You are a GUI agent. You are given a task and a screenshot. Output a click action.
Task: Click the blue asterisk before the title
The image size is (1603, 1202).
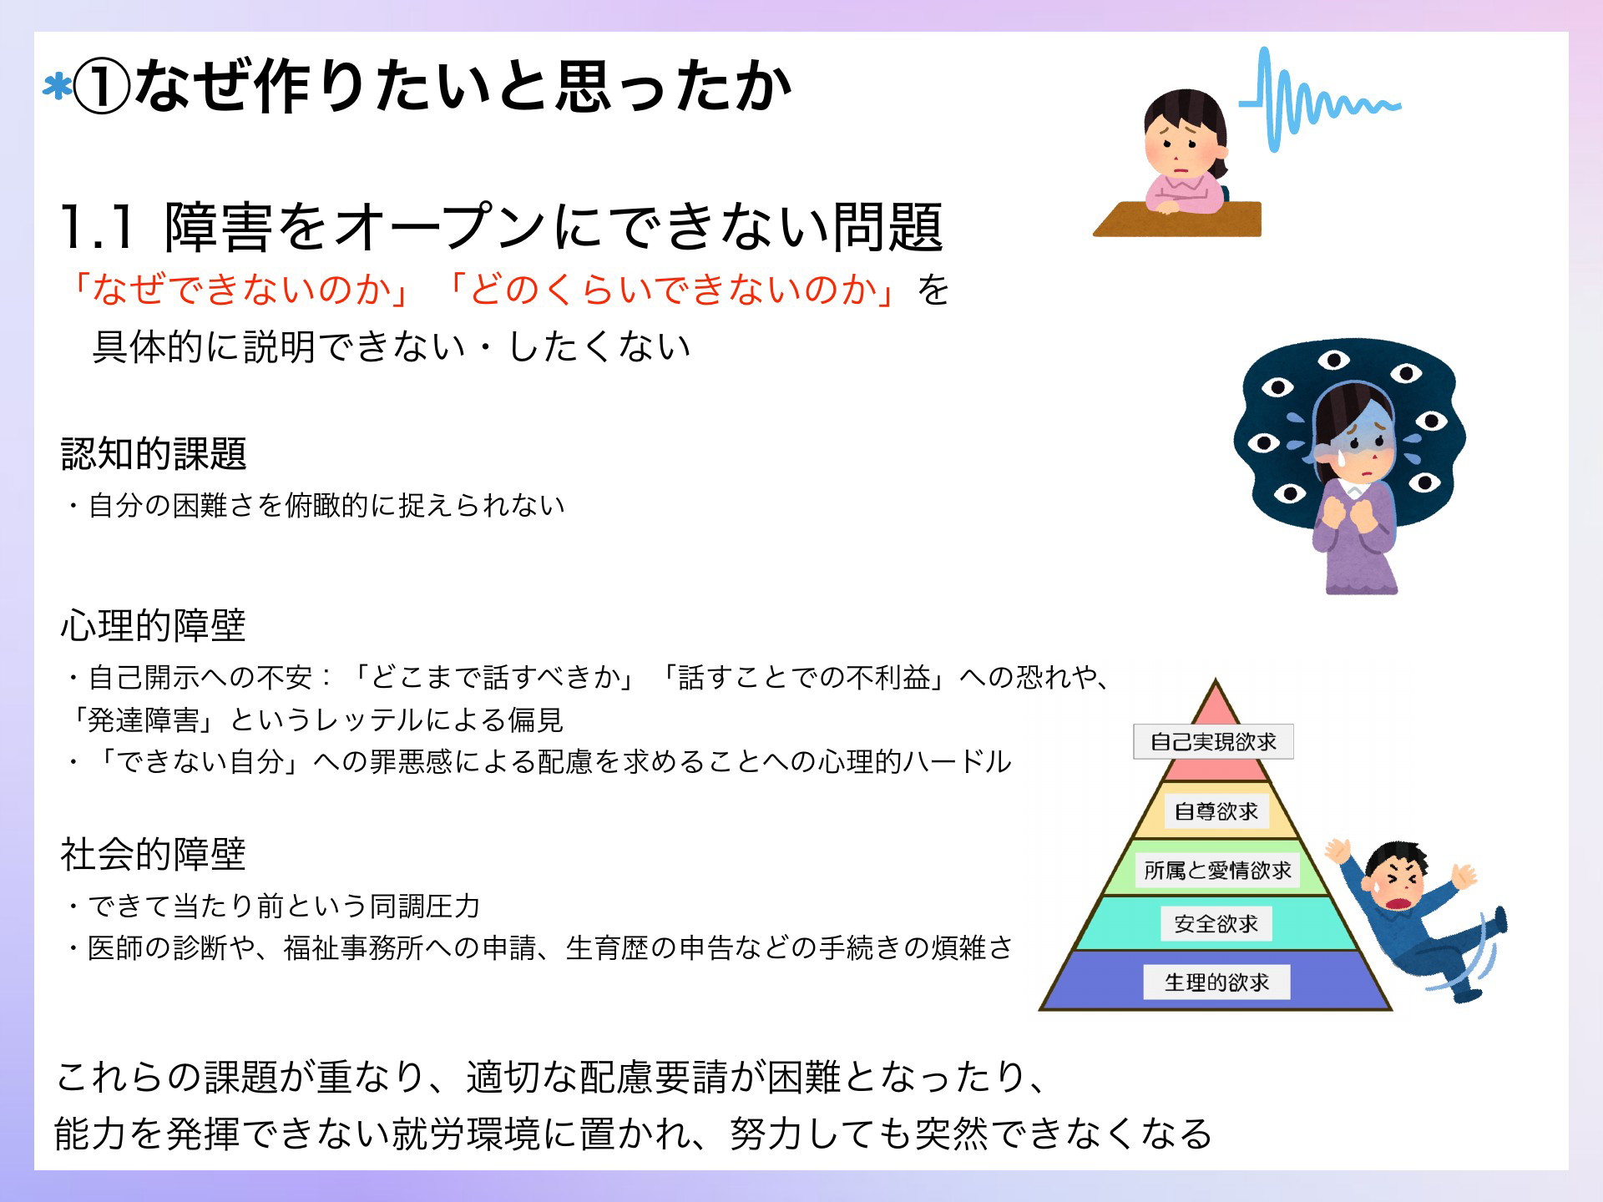[x=57, y=88]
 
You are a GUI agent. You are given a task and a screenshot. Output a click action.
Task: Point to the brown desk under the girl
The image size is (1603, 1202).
[x=1177, y=219]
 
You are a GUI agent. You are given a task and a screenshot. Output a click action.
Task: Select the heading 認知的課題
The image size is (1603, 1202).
[x=154, y=454]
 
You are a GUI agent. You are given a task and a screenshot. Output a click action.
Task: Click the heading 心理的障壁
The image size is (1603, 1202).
[x=154, y=625]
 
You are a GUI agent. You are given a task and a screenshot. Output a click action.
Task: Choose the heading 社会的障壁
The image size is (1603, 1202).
[x=154, y=854]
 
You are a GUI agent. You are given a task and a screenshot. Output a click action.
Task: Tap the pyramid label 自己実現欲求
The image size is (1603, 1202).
[x=1213, y=741]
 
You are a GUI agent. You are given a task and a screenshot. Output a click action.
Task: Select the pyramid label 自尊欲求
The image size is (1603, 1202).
[x=1216, y=811]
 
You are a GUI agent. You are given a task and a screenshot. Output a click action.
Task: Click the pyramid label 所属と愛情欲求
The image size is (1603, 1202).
[x=1217, y=871]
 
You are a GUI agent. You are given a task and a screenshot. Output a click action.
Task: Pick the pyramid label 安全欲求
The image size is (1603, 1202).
[x=1216, y=924]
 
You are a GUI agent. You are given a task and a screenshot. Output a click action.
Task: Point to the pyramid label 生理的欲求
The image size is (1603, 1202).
[x=1216, y=982]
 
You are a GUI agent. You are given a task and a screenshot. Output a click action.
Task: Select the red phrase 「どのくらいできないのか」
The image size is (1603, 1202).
[x=672, y=290]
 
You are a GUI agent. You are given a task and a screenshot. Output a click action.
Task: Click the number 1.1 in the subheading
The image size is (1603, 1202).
[x=97, y=227]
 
